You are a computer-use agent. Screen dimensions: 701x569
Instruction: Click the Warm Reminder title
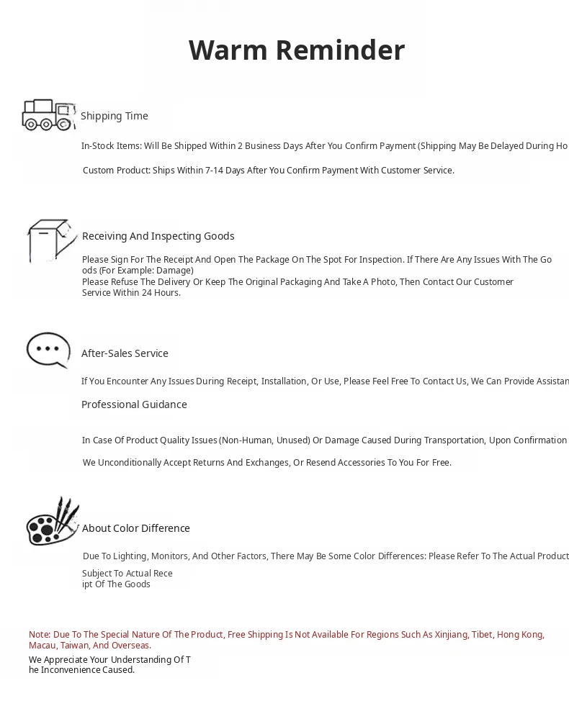point(296,50)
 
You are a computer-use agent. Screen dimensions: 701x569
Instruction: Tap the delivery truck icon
point(48,115)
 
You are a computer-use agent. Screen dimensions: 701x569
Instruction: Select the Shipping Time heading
point(115,116)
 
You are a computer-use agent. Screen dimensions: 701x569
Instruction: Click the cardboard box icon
point(50,240)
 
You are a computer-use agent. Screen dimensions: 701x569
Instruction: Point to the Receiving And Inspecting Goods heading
point(158,236)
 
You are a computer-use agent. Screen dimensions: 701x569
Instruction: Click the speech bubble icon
point(48,350)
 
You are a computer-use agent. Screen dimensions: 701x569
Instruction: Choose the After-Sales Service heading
point(125,353)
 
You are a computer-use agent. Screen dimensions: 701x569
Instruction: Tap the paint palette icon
point(52,522)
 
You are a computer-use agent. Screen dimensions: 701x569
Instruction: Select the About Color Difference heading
point(136,528)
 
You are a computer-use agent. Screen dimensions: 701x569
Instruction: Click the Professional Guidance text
point(134,404)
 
